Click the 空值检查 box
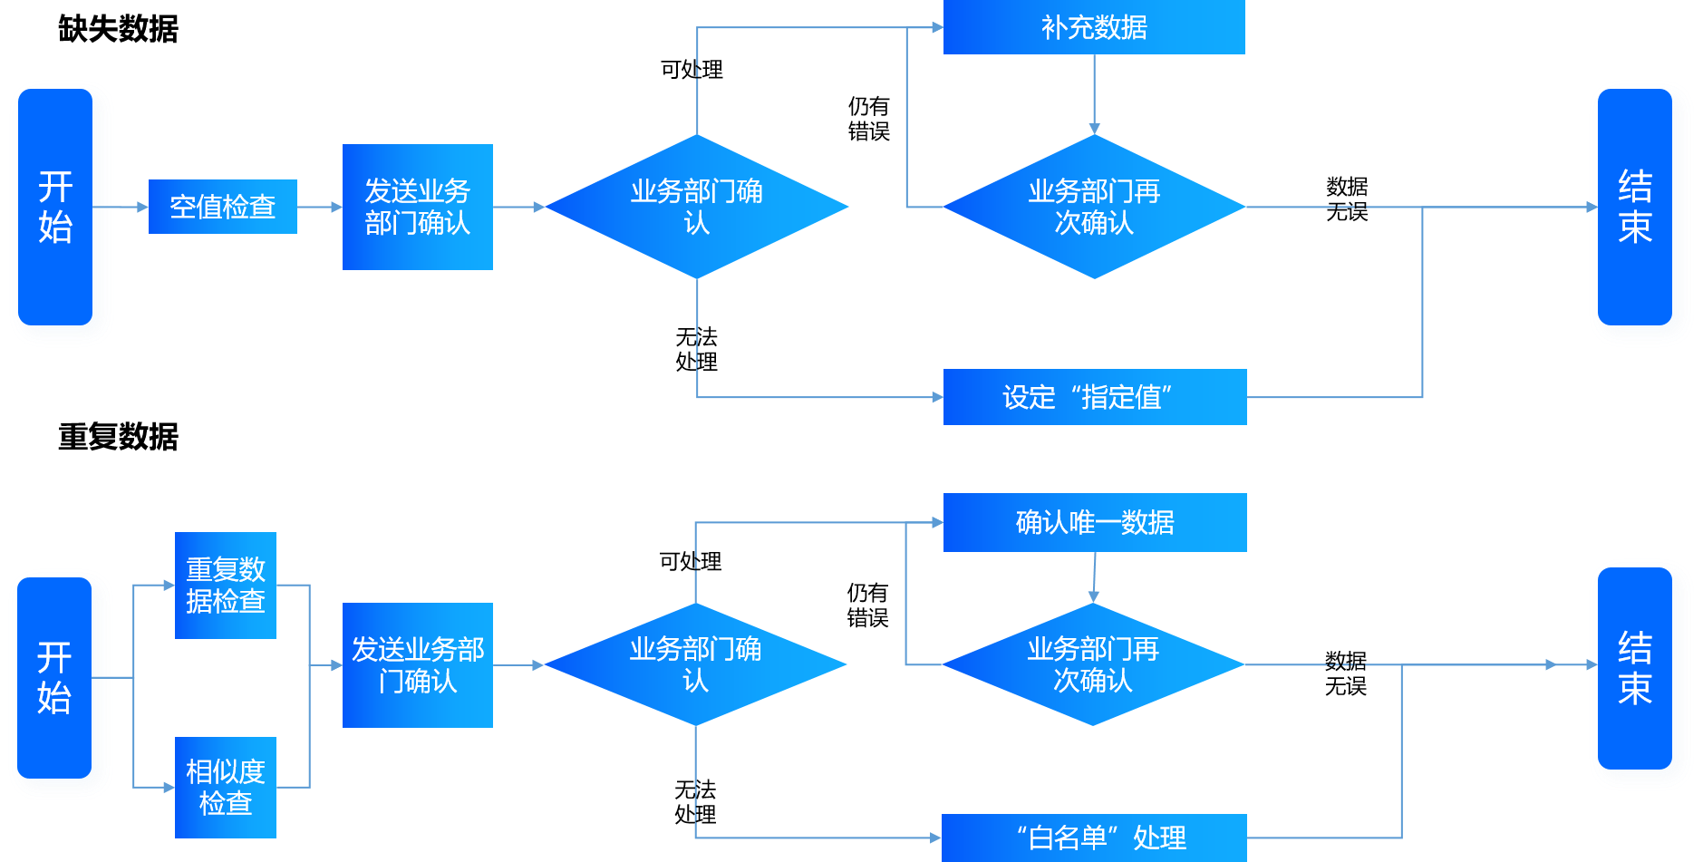tap(222, 207)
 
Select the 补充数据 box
tap(1093, 27)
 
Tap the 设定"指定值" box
tap(1094, 397)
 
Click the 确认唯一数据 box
tap(1094, 522)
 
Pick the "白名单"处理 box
tap(1094, 837)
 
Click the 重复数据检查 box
tap(225, 586)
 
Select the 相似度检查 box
tap(225, 787)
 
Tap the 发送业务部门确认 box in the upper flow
tap(417, 207)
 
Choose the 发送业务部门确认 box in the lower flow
tap(417, 665)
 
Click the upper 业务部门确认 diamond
tap(696, 207)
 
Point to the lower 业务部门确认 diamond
tap(695, 664)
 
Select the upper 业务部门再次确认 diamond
tap(1094, 207)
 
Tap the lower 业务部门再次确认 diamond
tap(1093, 664)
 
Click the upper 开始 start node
tap(56, 207)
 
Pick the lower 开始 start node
tap(56, 678)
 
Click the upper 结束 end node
tap(1634, 207)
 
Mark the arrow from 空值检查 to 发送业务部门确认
tap(319, 207)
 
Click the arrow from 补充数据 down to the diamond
tap(1094, 94)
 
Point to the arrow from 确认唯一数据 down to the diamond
tap(1094, 577)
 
